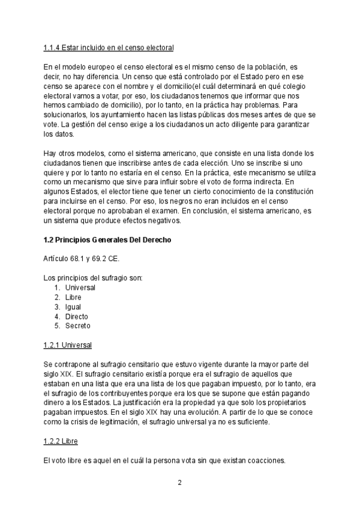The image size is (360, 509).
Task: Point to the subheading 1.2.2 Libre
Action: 61,441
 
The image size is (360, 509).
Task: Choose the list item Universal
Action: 80,288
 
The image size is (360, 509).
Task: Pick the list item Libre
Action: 73,297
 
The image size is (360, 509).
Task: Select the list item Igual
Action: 74,307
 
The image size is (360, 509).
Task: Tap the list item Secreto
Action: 78,326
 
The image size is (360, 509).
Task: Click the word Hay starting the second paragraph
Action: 50,153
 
